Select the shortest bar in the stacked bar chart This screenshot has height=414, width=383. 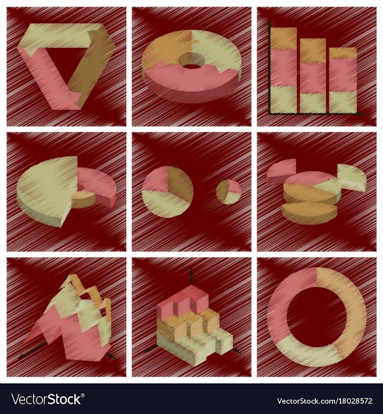click(x=343, y=80)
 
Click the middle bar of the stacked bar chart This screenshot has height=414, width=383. click(x=313, y=76)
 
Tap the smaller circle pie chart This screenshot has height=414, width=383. click(x=229, y=192)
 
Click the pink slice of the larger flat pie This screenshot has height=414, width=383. click(x=156, y=181)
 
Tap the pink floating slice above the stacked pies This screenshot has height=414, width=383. click(x=281, y=171)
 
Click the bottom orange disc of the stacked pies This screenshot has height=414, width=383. click(x=309, y=213)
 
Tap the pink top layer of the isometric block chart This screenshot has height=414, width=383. click(x=182, y=301)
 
